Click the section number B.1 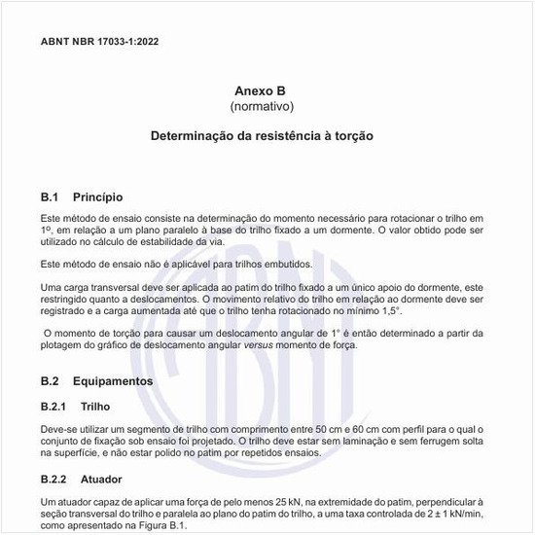point(51,196)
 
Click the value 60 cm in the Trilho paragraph point(329,429)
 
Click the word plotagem point(64,347)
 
